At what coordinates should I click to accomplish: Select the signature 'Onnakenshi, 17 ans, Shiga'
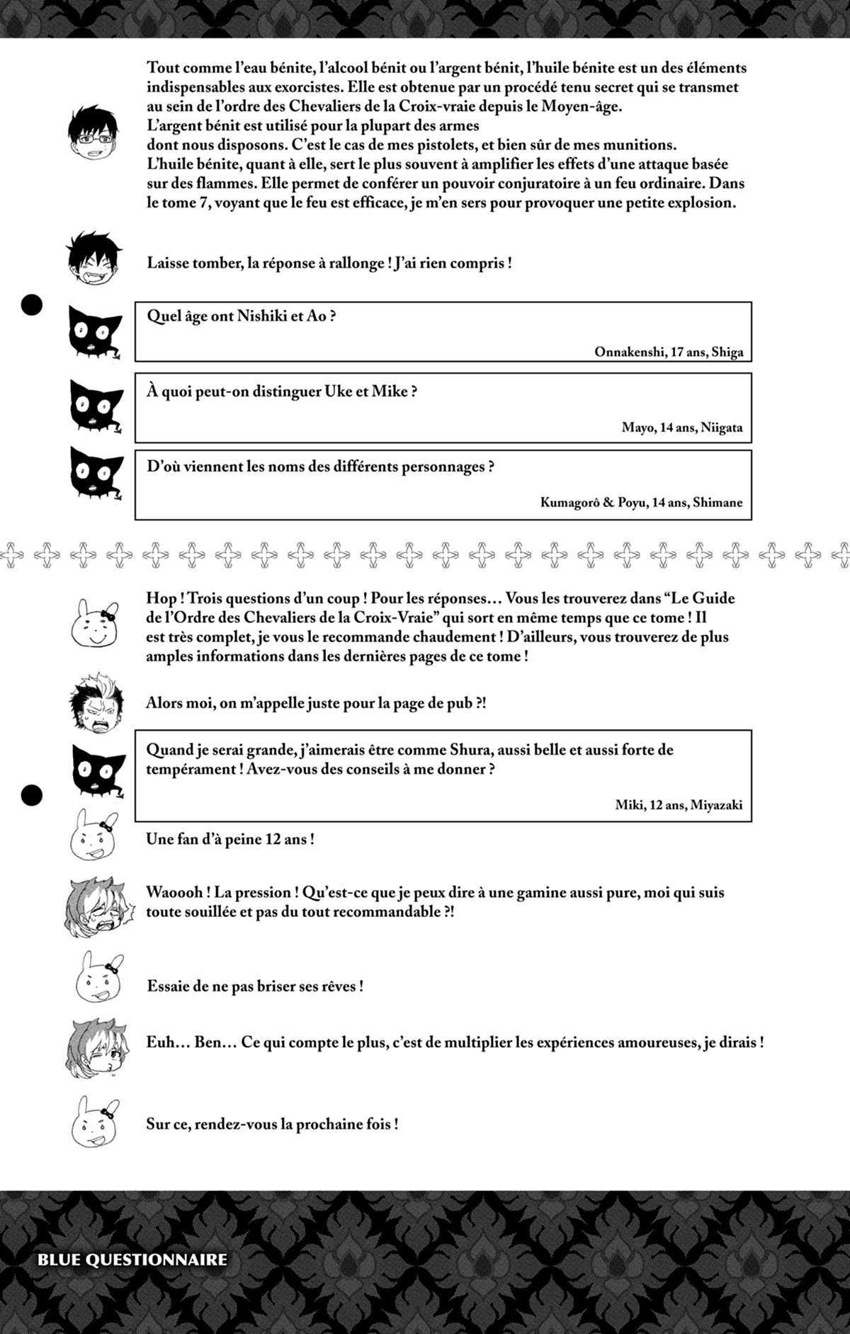point(668,352)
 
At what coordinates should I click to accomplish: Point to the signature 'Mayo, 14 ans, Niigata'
point(682,428)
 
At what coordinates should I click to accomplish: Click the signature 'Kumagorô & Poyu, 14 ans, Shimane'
point(641,502)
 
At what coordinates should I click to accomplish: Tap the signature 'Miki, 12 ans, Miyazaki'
point(679,804)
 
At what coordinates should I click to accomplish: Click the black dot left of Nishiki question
point(32,305)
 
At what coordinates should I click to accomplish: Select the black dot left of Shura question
point(32,795)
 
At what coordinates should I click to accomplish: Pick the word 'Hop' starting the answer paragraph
point(161,598)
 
